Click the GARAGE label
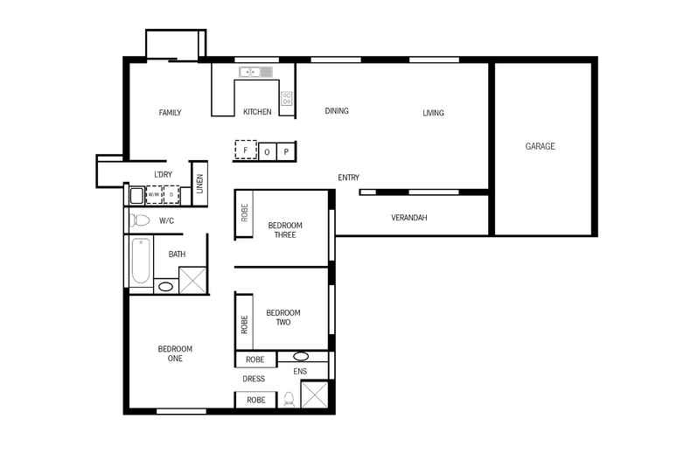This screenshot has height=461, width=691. point(540,147)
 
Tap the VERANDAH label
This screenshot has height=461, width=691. point(408,218)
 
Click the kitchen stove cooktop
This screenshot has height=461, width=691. point(286,98)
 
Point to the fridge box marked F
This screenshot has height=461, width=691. point(245,151)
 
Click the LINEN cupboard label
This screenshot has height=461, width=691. point(199,184)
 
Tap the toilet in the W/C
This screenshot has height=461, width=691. point(139,221)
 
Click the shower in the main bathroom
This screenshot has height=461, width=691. point(192,280)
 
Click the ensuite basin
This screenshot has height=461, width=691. point(300,357)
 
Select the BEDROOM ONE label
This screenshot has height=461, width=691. point(175,353)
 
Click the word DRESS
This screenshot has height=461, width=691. point(254,379)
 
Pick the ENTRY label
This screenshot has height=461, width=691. point(348,178)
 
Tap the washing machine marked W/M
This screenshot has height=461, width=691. point(154,194)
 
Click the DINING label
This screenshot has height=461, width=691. point(337,111)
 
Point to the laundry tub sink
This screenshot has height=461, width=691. point(136,194)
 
